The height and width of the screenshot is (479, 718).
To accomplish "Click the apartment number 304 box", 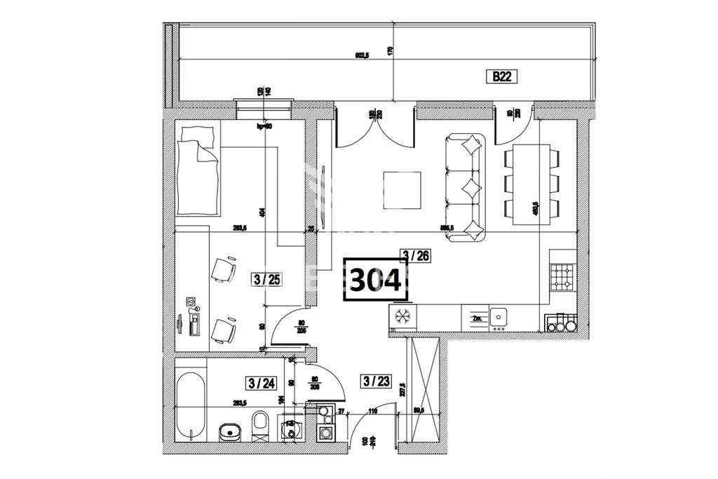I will tap(375, 281).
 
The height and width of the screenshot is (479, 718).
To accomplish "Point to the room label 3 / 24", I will tap(261, 383).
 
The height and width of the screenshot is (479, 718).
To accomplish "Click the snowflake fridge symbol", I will tap(402, 316).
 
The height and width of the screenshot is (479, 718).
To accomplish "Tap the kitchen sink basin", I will tap(499, 317).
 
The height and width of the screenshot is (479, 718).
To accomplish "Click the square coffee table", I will tap(402, 191).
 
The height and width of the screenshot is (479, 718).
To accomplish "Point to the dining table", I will tap(530, 185).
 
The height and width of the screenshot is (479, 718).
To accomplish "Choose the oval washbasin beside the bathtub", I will tap(229, 431).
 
